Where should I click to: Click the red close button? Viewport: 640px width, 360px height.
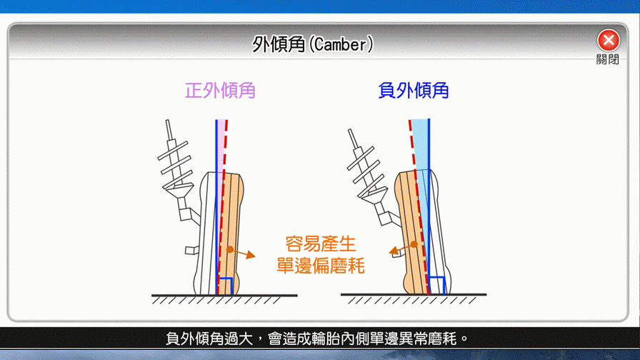(608, 40)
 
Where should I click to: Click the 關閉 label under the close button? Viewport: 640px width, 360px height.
(608, 59)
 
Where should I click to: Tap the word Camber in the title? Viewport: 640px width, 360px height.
(341, 44)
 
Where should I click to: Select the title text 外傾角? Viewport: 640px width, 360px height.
(279, 44)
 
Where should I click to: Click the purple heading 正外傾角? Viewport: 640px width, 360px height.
(220, 91)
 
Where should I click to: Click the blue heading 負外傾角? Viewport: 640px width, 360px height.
(414, 91)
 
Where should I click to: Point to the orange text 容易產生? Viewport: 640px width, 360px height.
(321, 244)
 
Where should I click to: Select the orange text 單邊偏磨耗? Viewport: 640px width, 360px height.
(321, 266)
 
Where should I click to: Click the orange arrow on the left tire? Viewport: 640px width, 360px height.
(242, 253)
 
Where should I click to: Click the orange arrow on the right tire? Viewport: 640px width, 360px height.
(403, 247)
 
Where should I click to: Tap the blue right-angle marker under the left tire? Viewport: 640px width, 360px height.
(226, 286)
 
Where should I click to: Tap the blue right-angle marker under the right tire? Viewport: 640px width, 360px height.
(436, 285)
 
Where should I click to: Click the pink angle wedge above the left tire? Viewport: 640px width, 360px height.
(221, 143)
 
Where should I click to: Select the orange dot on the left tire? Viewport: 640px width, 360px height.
(230, 249)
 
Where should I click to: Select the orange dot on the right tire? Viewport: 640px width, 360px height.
(414, 244)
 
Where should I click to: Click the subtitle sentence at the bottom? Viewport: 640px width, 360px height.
(316, 339)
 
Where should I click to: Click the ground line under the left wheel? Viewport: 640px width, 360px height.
(224, 295)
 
